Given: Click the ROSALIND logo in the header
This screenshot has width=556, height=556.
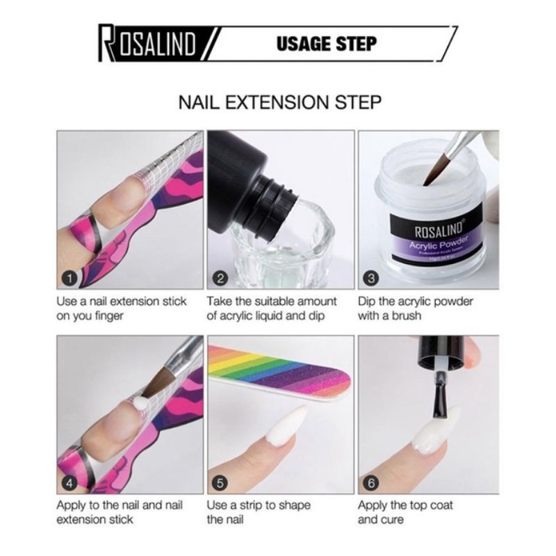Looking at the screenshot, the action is click(147, 44).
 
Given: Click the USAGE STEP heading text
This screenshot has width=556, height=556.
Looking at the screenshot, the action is click(326, 44).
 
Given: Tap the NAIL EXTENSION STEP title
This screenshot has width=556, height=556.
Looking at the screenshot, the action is click(280, 102).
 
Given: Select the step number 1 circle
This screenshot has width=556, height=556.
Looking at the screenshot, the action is click(69, 279).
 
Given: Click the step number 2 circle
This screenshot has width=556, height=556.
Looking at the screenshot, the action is click(220, 279).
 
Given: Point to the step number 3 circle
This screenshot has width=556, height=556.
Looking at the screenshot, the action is click(371, 279).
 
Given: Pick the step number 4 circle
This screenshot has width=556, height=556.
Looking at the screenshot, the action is click(69, 483).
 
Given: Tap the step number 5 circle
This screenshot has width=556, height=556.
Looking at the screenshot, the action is click(220, 483).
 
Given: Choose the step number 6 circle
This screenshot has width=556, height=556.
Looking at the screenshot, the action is click(371, 483).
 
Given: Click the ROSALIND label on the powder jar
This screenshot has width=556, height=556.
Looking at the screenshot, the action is click(439, 229).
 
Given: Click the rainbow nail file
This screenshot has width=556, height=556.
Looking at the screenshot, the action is click(279, 373).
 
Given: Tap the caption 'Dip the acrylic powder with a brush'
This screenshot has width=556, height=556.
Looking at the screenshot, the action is click(415, 309).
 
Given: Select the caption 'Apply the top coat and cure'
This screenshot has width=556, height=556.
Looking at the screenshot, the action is click(405, 512).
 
